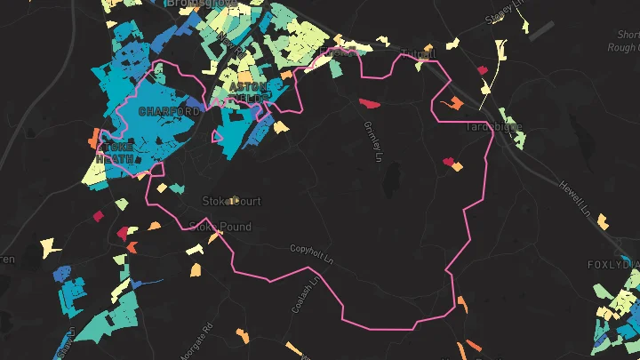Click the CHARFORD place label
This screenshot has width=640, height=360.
pos(169,112)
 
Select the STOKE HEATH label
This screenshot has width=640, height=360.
pos(120,152)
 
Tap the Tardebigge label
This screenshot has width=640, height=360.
pos(490,127)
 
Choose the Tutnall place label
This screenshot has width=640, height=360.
pos(419,53)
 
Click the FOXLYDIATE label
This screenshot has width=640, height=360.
pos(613,265)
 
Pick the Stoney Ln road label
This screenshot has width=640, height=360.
pos(507,17)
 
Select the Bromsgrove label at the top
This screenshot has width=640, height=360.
pos(204,4)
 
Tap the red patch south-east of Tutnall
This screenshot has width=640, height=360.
pos(483,69)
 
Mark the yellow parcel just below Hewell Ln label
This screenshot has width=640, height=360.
pos(603,220)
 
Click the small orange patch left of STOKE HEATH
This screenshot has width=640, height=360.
pos(93,140)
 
